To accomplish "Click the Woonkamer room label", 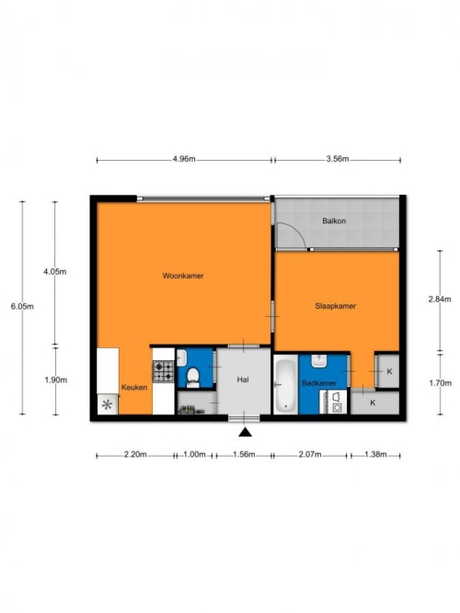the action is click(x=183, y=276).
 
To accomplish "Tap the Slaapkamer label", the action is click(x=336, y=306).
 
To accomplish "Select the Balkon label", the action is click(x=334, y=221).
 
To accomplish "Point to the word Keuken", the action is click(x=134, y=388).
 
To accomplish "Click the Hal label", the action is click(x=243, y=380).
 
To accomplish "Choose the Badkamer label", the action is click(x=319, y=383).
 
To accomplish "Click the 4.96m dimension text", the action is click(x=184, y=159).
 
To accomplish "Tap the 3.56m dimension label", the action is click(x=338, y=159).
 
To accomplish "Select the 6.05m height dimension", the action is click(x=22, y=307).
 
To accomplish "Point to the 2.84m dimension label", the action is click(x=440, y=300).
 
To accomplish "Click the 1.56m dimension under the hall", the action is click(x=244, y=454).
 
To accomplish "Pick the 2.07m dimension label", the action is click(x=310, y=454).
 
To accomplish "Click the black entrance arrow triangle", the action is click(x=245, y=432).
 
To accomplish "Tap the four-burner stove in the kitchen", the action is click(x=163, y=371).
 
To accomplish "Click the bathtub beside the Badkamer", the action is click(x=285, y=385).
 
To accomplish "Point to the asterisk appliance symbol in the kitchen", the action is click(x=107, y=405).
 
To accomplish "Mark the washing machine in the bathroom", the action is click(x=336, y=402).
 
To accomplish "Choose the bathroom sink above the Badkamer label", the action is click(x=319, y=361).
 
